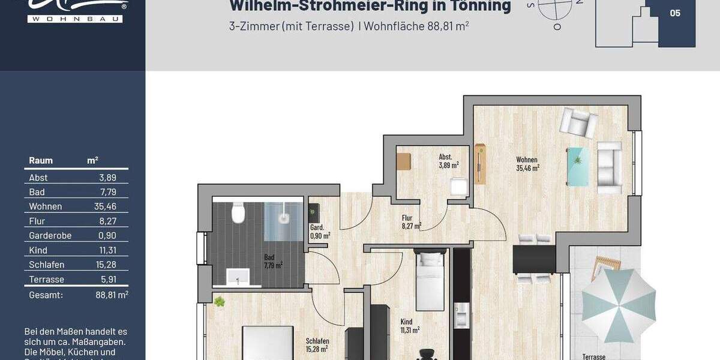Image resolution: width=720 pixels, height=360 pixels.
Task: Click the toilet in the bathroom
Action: click(239, 213)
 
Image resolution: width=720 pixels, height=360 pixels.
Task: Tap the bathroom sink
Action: click(238, 277)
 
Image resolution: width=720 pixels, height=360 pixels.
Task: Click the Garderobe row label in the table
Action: click(50, 236)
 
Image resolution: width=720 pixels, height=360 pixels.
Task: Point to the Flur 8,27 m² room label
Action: click(411, 223)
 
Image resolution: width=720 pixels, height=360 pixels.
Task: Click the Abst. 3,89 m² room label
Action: click(448, 161)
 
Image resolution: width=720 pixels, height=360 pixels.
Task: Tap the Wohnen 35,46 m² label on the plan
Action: click(527, 164)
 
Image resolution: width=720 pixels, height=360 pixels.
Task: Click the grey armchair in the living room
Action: click(578, 123)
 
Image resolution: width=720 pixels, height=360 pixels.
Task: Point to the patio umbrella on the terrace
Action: click(618, 305)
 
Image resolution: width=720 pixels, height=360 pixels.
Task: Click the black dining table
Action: click(534, 259)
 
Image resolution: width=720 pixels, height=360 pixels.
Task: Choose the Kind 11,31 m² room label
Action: click(409, 326)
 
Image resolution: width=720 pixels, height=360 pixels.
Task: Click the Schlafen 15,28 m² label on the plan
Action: click(317, 345)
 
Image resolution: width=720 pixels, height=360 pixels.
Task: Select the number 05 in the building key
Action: click(675, 13)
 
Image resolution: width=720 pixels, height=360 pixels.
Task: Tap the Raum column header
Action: click(41, 161)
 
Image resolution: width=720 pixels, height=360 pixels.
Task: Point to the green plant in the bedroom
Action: click(219, 301)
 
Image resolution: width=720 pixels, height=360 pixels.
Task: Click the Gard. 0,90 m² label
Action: click(319, 232)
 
